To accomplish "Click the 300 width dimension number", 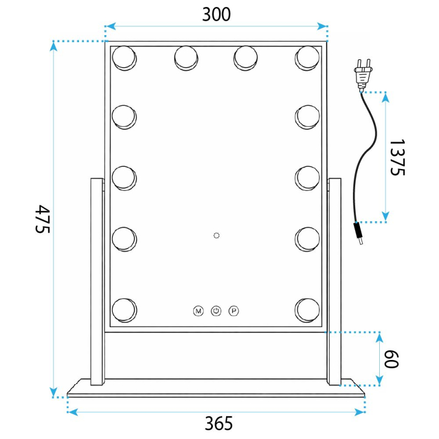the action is (216, 15).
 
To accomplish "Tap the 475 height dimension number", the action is (43, 218).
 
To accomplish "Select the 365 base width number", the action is (218, 423).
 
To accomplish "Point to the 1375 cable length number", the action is (397, 157).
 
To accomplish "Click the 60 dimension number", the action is (391, 359).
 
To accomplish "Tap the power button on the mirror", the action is (216, 311).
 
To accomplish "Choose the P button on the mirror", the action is (234, 311).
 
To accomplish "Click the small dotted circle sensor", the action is (216, 235).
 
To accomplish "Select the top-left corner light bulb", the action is (125, 58).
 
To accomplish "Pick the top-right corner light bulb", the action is (307, 58).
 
